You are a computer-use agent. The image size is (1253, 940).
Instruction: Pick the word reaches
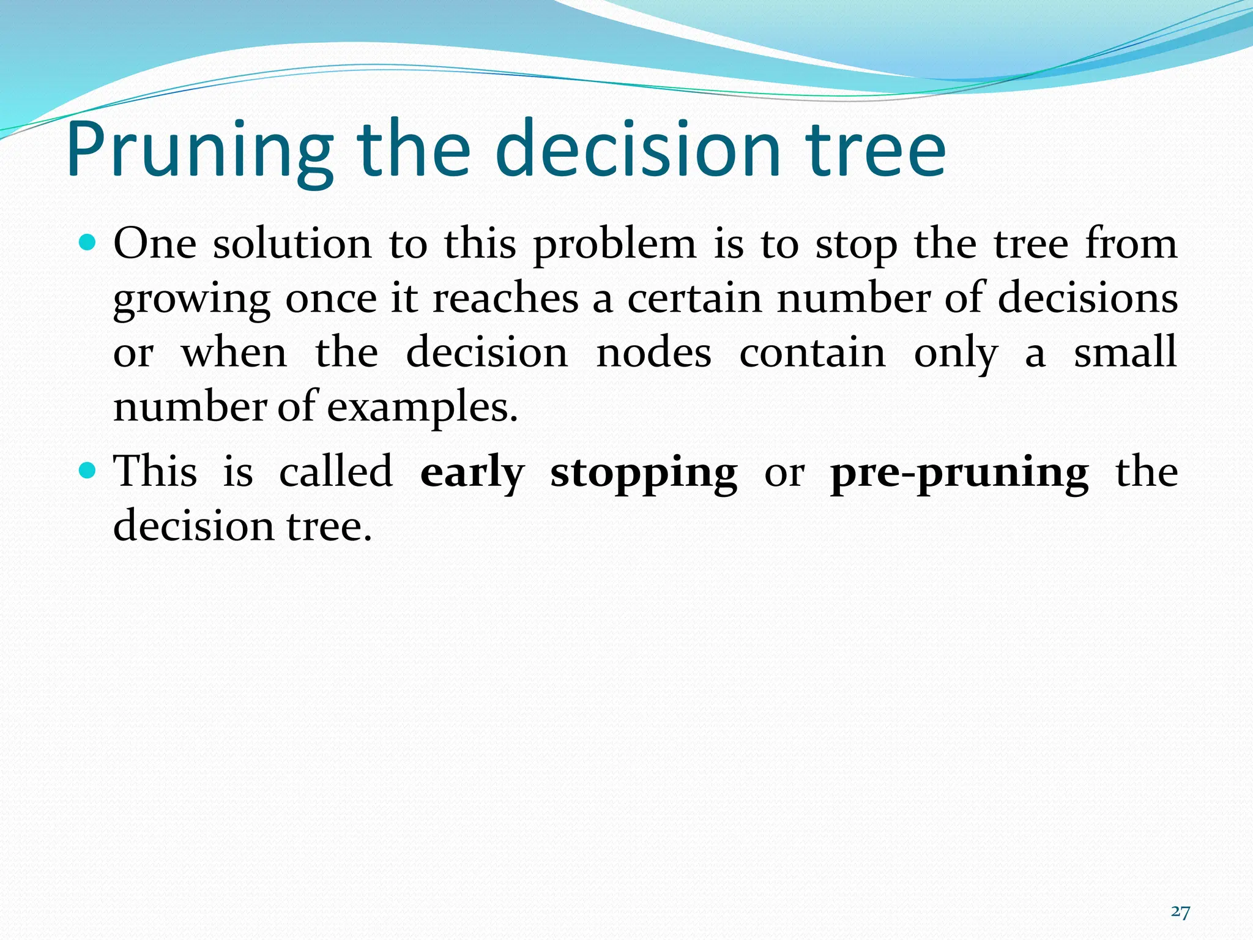pos(505,299)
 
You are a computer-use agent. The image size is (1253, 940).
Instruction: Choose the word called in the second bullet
pos(336,472)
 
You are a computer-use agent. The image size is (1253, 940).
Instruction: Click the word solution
pos(292,244)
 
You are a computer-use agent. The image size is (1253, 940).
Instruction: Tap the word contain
pos(812,353)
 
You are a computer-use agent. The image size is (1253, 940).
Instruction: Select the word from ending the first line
pos(1131,244)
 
